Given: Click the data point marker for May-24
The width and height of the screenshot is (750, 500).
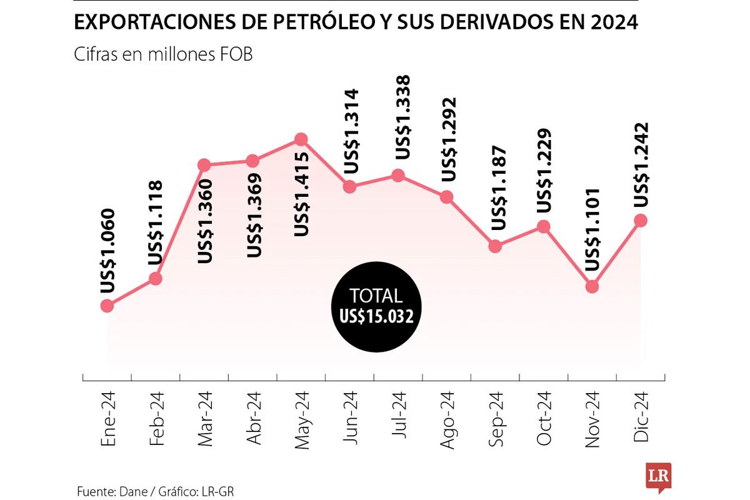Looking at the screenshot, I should tap(301, 139).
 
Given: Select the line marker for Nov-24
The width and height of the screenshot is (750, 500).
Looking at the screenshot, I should tap(592, 287).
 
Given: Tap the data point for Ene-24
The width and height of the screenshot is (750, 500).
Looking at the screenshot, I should tap(107, 306).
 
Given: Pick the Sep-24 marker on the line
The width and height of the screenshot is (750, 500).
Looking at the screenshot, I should tap(495, 246).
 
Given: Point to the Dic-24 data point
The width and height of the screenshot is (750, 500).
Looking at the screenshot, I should tap(641, 220).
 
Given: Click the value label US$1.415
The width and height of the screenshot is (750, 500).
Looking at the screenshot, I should tap(301, 194).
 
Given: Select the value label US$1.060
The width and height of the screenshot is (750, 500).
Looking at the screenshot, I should tap(107, 250).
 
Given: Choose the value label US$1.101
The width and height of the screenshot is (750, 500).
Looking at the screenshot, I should tap(592, 230).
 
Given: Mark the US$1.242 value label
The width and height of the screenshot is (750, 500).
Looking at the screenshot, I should tap(641, 165).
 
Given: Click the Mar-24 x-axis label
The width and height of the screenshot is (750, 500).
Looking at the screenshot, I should tap(205, 419).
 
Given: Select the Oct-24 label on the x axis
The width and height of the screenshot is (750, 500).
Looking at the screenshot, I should tap(544, 419).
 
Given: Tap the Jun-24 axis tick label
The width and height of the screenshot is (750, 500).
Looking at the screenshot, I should tap(350, 419).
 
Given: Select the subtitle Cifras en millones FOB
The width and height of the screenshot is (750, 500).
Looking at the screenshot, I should tap(163, 54).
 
